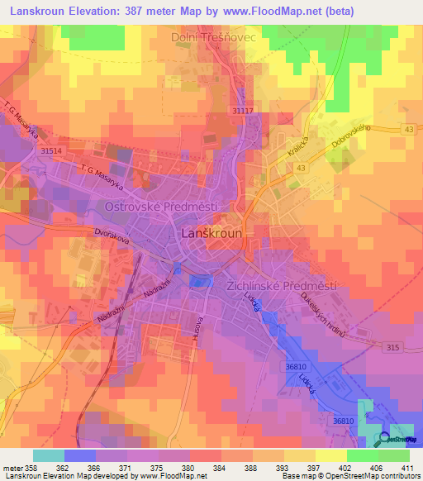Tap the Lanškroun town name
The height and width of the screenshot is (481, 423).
click(x=211, y=234)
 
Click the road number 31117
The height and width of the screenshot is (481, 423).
click(x=244, y=110)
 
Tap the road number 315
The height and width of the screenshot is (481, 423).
click(x=393, y=349)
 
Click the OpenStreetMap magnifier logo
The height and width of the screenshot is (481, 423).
click(x=382, y=438)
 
